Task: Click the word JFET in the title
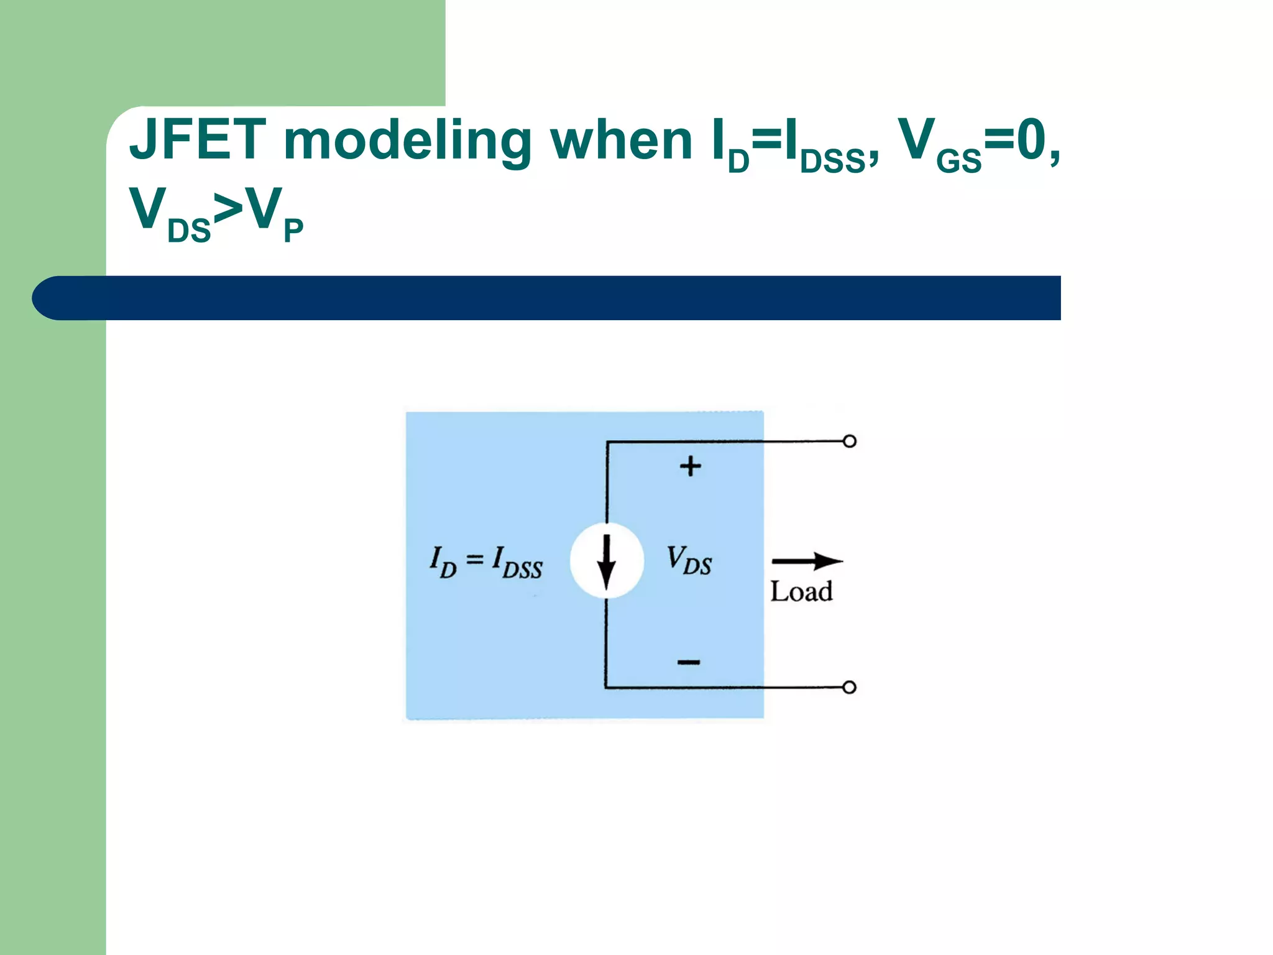pos(198,141)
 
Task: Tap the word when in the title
pos(622,141)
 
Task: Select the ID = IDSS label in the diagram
pos(486,561)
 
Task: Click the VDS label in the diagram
pos(689,560)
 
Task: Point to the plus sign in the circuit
pos(690,466)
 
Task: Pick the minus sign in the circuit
pos(689,662)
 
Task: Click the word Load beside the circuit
pos(801,591)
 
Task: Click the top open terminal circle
pos(850,441)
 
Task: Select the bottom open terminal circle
pos(850,687)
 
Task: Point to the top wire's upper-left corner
pos(607,443)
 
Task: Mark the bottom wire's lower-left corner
pos(606,687)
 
